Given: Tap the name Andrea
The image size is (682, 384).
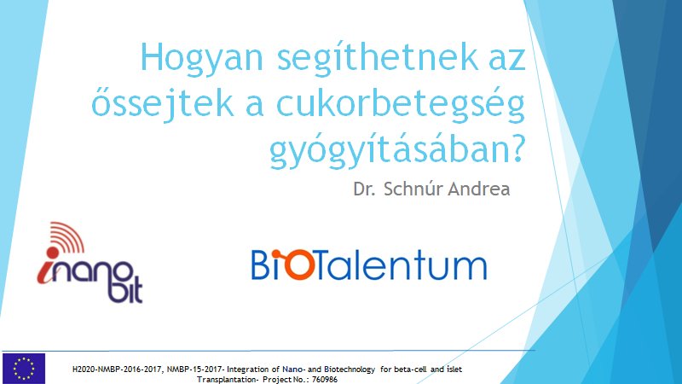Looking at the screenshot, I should [x=480, y=189].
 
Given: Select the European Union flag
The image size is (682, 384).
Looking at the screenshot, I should [x=24, y=368].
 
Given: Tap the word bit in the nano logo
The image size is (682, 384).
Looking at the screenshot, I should [x=123, y=290].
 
